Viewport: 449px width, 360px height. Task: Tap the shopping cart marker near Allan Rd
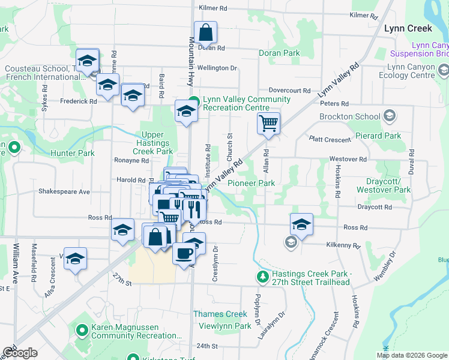pyautogui.click(x=268, y=124)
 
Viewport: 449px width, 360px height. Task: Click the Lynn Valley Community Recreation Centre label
pyautogui.click(x=238, y=103)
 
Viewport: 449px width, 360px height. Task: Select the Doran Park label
pyautogui.click(x=279, y=53)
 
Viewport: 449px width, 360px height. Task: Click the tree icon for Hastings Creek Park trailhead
pyautogui.click(x=262, y=277)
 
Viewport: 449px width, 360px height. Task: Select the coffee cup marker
pyautogui.click(x=184, y=253)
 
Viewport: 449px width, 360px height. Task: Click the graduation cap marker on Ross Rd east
pyautogui.click(x=301, y=224)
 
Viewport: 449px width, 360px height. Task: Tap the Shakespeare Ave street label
pyautogui.click(x=64, y=192)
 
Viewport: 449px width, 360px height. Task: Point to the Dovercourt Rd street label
pyautogui.click(x=289, y=90)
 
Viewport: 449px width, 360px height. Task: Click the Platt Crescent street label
pyautogui.click(x=330, y=139)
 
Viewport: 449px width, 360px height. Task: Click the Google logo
pyautogui.click(x=20, y=352)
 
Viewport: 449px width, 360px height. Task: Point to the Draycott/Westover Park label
pyautogui.click(x=384, y=185)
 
